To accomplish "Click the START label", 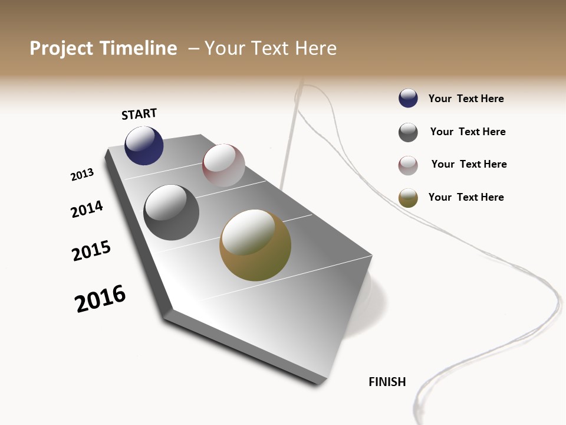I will click(139, 114).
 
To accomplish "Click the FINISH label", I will click(387, 382).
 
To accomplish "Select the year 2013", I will click(82, 175).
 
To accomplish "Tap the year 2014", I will click(87, 209).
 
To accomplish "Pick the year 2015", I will click(91, 251).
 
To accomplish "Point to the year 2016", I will click(100, 299).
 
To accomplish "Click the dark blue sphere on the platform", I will click(144, 146).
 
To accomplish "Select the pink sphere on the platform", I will click(223, 165).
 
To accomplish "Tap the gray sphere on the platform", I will click(171, 212).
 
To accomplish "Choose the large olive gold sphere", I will click(255, 245).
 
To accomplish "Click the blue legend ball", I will click(408, 99).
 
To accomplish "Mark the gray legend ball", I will click(408, 132).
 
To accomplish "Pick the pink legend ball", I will click(408, 165).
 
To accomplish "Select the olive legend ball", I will click(408, 198).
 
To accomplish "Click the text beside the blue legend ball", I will click(466, 99).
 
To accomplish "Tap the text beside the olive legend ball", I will click(466, 197).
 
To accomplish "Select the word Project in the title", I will click(61, 48).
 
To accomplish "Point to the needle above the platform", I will click(291, 136).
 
